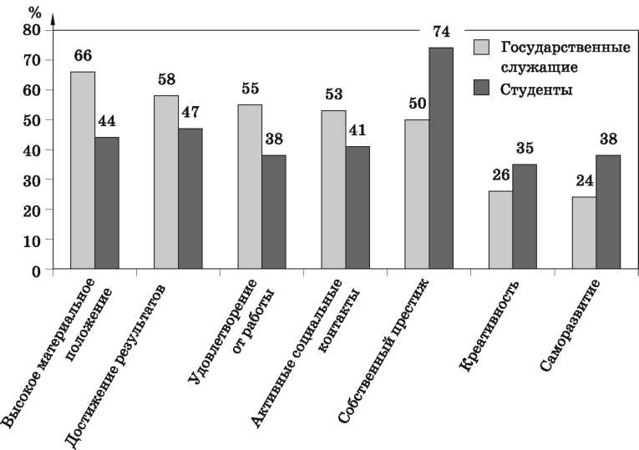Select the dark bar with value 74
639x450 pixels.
(440, 159)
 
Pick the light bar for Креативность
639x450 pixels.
(500, 230)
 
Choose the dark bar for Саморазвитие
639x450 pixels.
(608, 212)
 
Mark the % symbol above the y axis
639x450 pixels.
(34, 12)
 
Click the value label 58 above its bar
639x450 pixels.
(166, 80)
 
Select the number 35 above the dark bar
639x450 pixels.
(525, 149)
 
